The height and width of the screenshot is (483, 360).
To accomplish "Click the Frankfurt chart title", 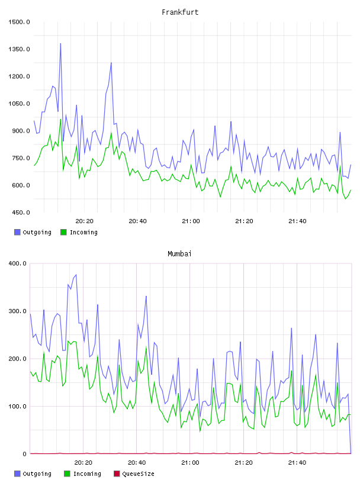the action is tap(180, 12).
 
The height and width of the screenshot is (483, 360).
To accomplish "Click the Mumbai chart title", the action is tap(179, 253).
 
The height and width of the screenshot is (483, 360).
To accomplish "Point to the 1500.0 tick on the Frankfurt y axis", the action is tap(19, 22).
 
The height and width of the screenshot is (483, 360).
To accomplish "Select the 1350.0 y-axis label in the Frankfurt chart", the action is tap(19, 49).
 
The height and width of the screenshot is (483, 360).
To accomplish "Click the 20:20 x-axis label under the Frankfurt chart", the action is tap(85, 221).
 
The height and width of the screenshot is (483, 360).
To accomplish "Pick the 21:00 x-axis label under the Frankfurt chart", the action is tap(191, 221).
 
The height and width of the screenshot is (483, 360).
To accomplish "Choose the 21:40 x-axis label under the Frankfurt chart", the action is tap(297, 221).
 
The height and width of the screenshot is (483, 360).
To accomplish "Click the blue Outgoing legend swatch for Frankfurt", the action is tap(17, 232).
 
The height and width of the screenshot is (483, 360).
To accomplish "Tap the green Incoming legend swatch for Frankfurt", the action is tap(63, 232).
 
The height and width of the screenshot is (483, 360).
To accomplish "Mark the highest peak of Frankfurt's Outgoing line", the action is tap(60, 43).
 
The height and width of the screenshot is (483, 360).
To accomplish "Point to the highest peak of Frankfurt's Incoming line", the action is tap(60, 120).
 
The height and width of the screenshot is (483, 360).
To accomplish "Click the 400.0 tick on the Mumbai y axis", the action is tap(18, 263).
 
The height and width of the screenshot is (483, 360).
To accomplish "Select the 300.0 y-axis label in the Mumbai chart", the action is tap(18, 311).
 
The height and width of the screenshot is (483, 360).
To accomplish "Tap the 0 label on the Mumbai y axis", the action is tap(25, 454).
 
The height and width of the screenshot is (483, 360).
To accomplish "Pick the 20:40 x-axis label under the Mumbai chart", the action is tap(137, 462).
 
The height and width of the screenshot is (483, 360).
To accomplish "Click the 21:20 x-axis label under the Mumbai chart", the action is tap(244, 462).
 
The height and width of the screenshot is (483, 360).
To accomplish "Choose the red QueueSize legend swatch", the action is tap(117, 474).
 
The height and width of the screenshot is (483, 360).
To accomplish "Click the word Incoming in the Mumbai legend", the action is tap(87, 474).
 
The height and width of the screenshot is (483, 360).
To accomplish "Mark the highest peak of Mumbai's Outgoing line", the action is tap(76, 275).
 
